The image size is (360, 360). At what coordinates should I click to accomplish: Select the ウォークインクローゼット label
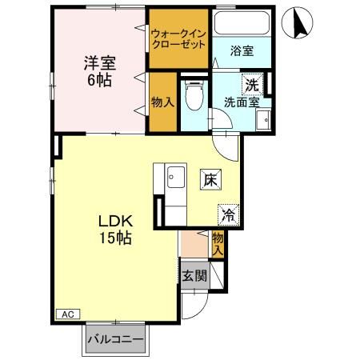pos(179,38)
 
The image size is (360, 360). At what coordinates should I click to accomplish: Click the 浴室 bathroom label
pos(242,50)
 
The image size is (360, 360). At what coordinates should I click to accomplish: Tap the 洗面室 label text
pos(242,102)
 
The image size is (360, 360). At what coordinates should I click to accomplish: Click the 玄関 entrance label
pos(194,276)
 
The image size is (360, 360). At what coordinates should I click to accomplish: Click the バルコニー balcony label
pos(115,339)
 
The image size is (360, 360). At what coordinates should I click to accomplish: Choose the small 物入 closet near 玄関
pos(218,242)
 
